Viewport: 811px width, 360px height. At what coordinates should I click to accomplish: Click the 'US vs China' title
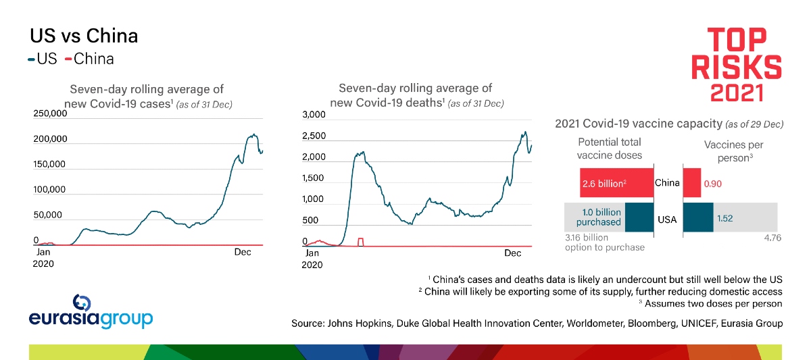[84, 35]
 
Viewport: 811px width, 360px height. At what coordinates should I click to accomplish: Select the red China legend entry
[90, 59]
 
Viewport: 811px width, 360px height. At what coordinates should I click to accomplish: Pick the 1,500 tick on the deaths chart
[313, 178]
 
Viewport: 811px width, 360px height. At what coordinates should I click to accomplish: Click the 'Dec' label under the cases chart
[243, 251]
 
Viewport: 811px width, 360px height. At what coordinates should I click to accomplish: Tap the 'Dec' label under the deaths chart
[513, 253]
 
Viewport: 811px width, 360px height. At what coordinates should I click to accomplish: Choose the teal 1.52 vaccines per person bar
[698, 217]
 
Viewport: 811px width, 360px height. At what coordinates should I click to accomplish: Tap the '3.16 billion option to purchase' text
[604, 242]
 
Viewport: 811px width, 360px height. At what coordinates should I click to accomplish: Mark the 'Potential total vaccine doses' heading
[609, 148]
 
